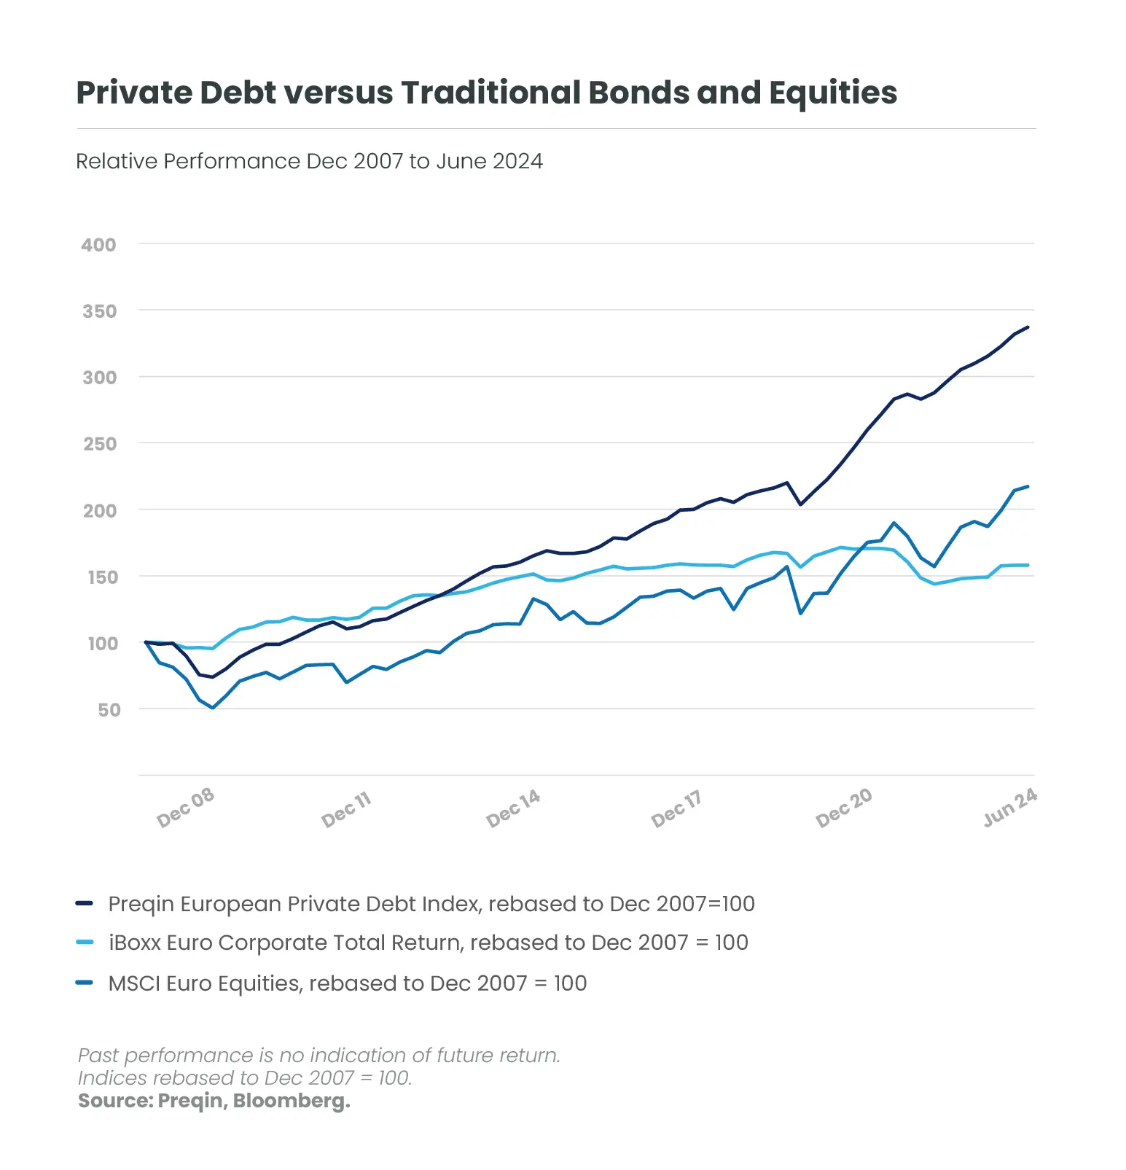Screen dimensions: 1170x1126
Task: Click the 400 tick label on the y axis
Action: (98, 245)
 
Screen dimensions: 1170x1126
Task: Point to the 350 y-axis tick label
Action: (99, 311)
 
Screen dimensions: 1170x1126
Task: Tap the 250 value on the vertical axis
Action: (100, 444)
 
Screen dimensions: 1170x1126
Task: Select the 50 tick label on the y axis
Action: (109, 710)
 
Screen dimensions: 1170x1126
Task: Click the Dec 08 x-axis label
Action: (186, 808)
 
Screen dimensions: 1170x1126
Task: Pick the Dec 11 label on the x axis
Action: (347, 809)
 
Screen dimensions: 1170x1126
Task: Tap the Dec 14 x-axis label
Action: (514, 808)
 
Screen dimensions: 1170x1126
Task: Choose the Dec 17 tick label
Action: (677, 808)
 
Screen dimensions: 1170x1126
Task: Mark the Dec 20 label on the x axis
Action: (844, 808)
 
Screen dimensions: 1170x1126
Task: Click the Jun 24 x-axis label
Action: (1010, 808)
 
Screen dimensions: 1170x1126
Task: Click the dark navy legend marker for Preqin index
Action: (85, 904)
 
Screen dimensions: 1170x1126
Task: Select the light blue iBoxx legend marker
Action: (85, 943)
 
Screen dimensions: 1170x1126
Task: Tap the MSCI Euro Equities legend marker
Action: (85, 983)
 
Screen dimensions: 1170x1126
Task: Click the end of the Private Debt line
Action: (1028, 327)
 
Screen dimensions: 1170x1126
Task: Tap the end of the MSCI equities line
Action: (1028, 486)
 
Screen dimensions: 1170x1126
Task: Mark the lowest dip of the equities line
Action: (213, 708)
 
